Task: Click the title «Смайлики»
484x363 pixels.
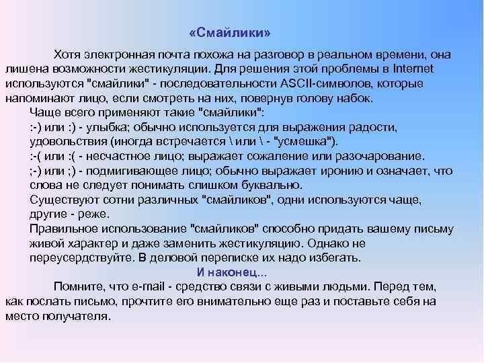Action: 231,32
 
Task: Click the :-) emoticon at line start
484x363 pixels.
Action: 37,126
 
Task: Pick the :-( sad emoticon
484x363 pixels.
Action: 37,155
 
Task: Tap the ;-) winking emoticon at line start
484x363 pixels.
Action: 37,170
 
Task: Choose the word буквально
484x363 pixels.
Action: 269,184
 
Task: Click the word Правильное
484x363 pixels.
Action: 64,229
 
